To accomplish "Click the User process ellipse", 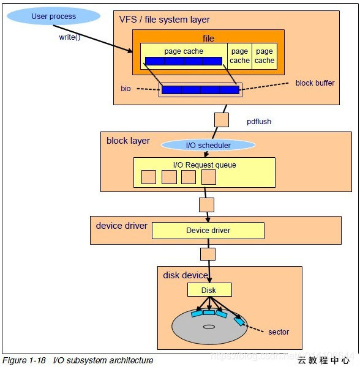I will [x=54, y=16].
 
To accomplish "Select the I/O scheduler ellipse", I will [x=208, y=145].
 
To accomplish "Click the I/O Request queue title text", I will [x=204, y=165].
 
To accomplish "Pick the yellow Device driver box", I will [x=208, y=231].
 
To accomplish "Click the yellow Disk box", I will [x=209, y=290].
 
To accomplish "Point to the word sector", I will [x=279, y=332].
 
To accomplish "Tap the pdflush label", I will [x=258, y=122].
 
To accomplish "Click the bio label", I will [x=126, y=89].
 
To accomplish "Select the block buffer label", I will [x=315, y=83].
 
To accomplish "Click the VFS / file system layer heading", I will [x=164, y=20].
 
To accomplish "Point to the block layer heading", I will [x=128, y=141].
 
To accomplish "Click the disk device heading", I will [x=186, y=275].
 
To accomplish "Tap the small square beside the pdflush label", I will [x=222, y=119].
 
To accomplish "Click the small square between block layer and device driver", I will [x=207, y=204].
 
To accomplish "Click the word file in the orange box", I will [x=208, y=39].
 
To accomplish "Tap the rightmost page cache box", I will [x=264, y=56].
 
